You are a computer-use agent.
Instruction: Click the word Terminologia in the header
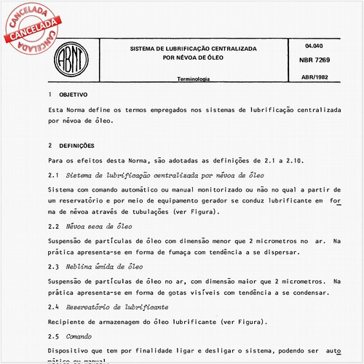click(x=194, y=79)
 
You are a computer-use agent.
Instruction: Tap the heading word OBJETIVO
click(x=74, y=95)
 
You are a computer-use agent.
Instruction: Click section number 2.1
click(x=53, y=177)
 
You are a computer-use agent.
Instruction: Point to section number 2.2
click(x=53, y=228)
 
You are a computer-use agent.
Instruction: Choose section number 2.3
click(x=53, y=266)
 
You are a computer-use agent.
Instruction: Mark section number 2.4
click(x=53, y=306)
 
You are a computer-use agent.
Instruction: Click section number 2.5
click(x=53, y=337)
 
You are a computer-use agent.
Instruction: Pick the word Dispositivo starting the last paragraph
click(x=71, y=351)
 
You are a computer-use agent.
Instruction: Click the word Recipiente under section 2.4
click(x=69, y=321)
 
